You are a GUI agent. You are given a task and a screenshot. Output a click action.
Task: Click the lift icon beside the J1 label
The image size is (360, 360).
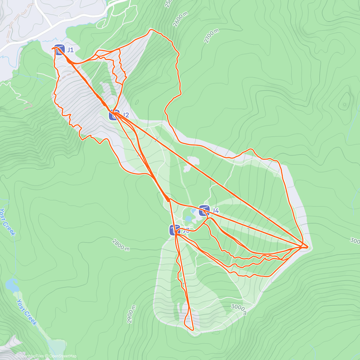coord(60,49)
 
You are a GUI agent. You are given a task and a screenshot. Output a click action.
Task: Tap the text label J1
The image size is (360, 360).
coord(70,50)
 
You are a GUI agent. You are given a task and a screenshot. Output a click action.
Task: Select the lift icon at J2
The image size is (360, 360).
coord(114,115)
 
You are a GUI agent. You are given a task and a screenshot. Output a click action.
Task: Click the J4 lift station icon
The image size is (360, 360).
coord(204,211)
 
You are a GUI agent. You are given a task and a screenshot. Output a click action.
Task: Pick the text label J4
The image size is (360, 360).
coord(215,211)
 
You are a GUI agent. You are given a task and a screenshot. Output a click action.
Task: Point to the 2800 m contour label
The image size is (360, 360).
coord(121,245)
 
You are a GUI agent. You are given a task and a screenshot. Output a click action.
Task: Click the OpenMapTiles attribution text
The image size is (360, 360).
coord(29,356)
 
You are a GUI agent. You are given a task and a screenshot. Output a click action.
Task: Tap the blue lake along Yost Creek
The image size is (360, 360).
coord(11,285)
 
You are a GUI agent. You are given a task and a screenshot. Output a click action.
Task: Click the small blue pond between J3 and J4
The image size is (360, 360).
coord(188,219)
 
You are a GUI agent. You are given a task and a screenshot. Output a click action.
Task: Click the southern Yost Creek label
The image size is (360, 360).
coord(27,312)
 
